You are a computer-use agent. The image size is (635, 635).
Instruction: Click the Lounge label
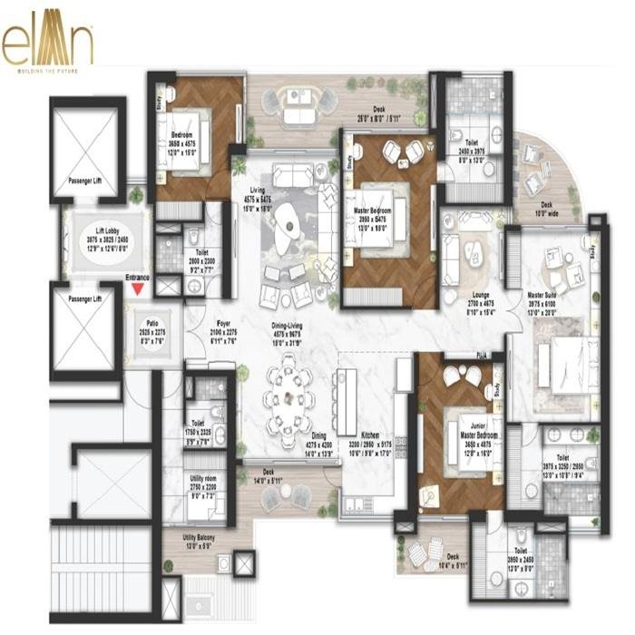click(x=456, y=303)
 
